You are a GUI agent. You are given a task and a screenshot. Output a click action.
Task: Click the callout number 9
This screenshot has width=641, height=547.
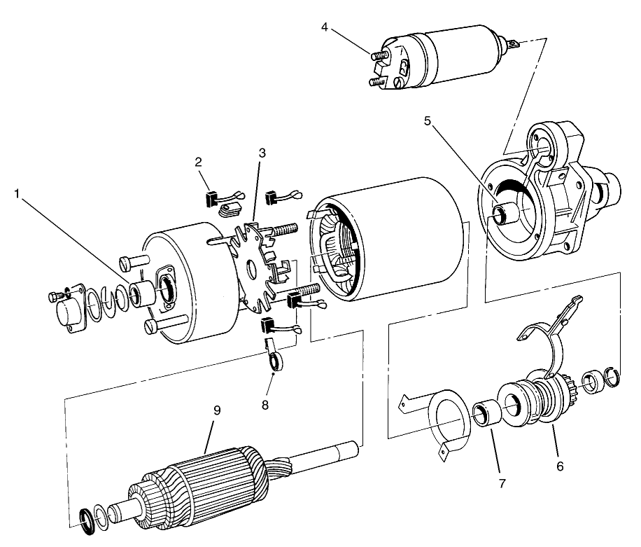pyautogui.click(x=217, y=410)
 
